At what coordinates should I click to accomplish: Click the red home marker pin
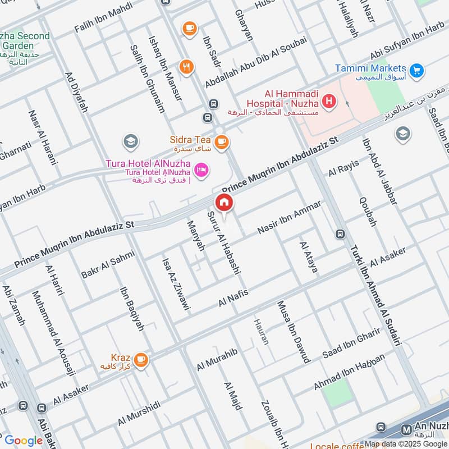(x=223, y=203)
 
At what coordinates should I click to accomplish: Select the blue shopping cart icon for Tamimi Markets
(x=416, y=71)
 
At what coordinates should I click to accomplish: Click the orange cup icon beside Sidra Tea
(x=222, y=140)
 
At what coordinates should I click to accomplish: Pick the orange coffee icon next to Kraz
(x=141, y=359)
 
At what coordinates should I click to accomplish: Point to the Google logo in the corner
(x=24, y=441)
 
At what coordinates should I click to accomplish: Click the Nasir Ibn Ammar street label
(x=289, y=217)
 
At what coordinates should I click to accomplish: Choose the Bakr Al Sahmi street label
(x=108, y=265)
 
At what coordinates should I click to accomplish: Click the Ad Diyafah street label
(x=76, y=91)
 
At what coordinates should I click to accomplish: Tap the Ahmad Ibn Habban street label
(x=350, y=373)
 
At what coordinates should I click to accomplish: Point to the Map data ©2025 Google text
(x=405, y=443)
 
